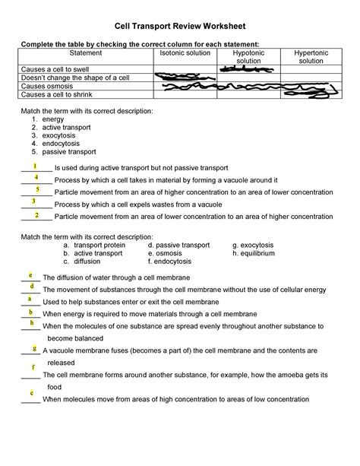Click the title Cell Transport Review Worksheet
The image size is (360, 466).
tap(180, 25)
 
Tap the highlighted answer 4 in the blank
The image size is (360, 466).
tap(36, 177)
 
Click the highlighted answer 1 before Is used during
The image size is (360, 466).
tap(36, 165)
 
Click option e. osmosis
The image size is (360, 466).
tap(171, 254)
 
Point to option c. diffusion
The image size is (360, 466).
tap(81, 262)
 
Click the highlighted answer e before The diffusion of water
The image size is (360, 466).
tap(30, 274)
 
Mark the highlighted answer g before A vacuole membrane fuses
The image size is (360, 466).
tap(35, 348)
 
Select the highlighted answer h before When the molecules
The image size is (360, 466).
tap(32, 323)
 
